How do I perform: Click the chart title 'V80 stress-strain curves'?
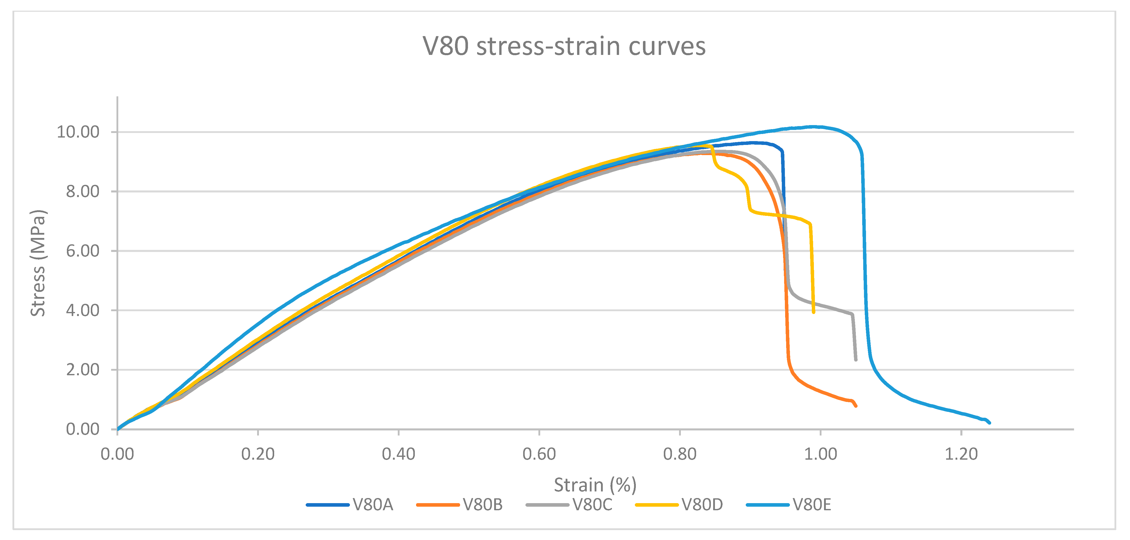(564, 46)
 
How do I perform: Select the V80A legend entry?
(350, 505)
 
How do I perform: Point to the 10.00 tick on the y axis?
(78, 132)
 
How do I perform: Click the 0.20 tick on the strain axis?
(258, 454)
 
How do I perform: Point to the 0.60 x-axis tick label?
(539, 454)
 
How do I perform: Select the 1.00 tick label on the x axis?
(820, 454)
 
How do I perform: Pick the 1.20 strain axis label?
(961, 454)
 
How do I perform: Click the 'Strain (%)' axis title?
(595, 485)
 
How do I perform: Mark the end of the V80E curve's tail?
(990, 423)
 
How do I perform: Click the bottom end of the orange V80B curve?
(856, 406)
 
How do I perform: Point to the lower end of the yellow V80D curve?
(814, 312)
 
